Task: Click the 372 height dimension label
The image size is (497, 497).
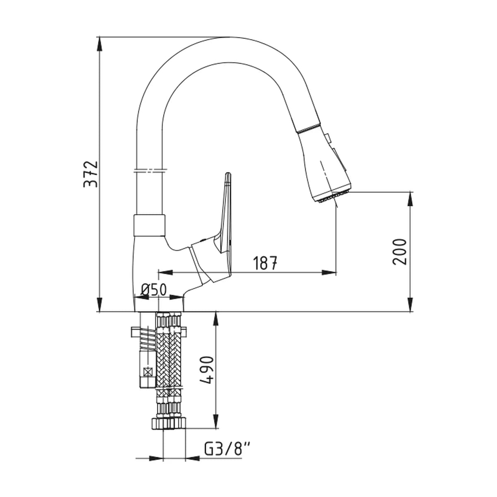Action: tap(91, 174)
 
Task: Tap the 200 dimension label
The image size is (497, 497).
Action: tap(399, 252)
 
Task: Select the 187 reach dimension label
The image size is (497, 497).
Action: tap(265, 263)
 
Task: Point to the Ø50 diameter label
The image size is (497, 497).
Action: tap(154, 290)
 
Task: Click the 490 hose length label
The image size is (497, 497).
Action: tap(206, 370)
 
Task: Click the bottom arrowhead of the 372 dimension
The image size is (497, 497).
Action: tap(99, 304)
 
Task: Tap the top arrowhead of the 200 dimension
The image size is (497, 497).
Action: tap(410, 199)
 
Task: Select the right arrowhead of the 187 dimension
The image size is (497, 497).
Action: tap(329, 273)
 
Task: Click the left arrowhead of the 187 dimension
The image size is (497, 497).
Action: tap(165, 273)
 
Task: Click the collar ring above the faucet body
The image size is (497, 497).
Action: tap(150, 225)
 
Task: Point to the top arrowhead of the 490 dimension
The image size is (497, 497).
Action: tap(216, 319)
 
